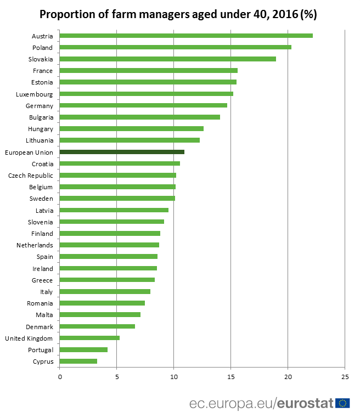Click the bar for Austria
pos(186,36)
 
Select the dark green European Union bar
pos(122,152)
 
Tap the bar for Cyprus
pos(78,361)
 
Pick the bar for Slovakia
pos(167,59)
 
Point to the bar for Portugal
pos(83,349)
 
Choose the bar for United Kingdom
pos(89,338)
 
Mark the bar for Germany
pos(143,105)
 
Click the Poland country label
pos(42,48)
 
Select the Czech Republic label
pos(31,176)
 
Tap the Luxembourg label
pos(35,94)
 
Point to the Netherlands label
pos(35,245)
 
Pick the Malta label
pos(44,315)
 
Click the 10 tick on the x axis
pos(173,377)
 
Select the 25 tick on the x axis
pos(345,377)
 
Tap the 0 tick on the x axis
pos(60,377)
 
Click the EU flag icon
pos(344,404)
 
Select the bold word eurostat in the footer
pos(305,404)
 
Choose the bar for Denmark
pos(97,326)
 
